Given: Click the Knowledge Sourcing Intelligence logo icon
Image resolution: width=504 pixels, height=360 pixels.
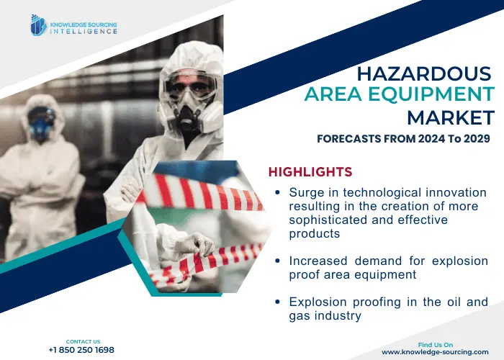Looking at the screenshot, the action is click(39, 25).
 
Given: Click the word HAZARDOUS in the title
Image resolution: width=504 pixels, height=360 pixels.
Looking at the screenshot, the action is click(424, 73).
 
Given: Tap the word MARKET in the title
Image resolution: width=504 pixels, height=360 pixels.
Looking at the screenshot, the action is click(451, 117).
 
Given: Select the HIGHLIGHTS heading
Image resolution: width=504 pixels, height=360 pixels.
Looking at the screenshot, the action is click(310, 172).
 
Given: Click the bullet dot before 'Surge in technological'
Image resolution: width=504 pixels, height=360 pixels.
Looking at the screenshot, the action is click(278, 192).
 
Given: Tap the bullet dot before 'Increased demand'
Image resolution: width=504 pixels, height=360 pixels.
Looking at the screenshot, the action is click(278, 261).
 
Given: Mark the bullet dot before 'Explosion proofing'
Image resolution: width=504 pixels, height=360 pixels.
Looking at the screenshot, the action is click(278, 302).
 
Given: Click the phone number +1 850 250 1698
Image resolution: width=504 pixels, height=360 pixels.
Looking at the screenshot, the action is click(81, 350).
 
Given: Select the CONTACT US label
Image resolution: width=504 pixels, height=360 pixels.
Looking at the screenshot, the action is click(83, 341).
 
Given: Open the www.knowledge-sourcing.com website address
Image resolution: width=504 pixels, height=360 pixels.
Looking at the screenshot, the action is click(435, 352).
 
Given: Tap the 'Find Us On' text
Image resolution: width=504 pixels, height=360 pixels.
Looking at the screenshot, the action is click(436, 345).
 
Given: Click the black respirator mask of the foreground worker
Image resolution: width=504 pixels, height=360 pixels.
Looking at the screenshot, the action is click(189, 118).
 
